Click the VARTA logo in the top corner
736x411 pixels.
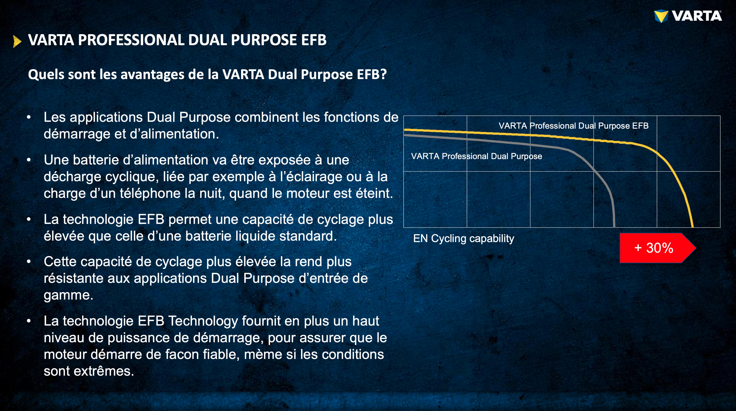click(688, 16)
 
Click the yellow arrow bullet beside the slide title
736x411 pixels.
click(17, 41)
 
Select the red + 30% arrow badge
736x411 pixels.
click(657, 248)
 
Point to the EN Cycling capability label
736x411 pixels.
click(463, 238)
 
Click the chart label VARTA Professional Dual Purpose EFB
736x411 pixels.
click(573, 126)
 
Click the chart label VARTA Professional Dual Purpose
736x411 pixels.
click(476, 156)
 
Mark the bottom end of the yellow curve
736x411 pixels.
click(692, 227)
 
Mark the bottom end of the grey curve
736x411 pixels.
click(614, 227)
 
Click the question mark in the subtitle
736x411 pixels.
click(383, 74)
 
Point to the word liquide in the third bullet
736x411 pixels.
click(255, 236)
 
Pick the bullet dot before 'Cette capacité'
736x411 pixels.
click(28, 261)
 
